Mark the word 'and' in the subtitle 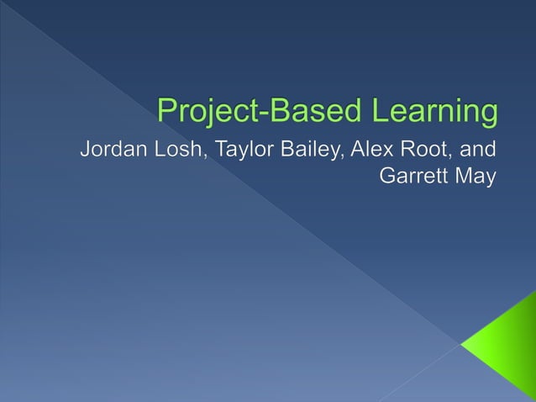481,151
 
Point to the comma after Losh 207,160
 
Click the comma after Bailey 343,160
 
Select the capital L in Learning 374,111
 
